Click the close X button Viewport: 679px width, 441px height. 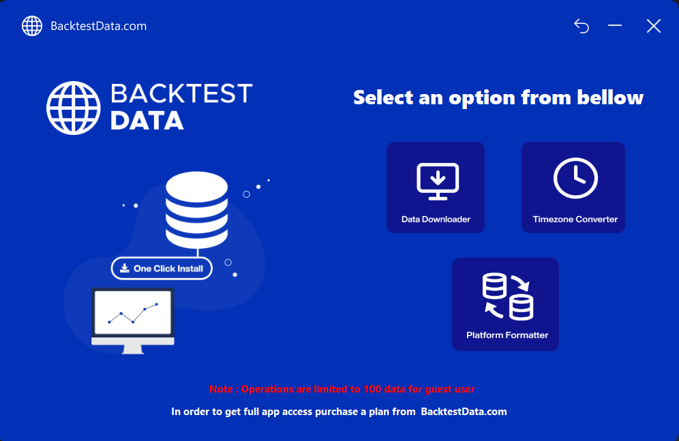[654, 26]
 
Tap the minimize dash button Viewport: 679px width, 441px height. [614, 25]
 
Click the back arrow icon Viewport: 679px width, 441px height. [582, 26]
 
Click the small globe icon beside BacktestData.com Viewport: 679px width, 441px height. [32, 26]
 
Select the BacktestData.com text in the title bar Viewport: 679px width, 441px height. [99, 26]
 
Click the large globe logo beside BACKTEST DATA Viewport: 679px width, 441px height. [74, 108]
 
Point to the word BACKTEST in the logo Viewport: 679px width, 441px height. [181, 93]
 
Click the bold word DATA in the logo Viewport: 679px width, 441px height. [147, 121]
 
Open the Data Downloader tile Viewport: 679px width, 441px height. [436, 187]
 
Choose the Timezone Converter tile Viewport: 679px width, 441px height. [573, 187]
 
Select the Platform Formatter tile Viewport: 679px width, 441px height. [505, 304]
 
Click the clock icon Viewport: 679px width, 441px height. [575, 179]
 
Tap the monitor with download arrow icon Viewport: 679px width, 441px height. [438, 181]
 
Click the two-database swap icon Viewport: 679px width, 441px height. [508, 297]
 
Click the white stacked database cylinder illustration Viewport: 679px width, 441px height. [196, 211]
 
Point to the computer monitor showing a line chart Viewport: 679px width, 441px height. [133, 320]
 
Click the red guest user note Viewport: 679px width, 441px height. [342, 389]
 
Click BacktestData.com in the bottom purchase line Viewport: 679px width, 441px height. [464, 412]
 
